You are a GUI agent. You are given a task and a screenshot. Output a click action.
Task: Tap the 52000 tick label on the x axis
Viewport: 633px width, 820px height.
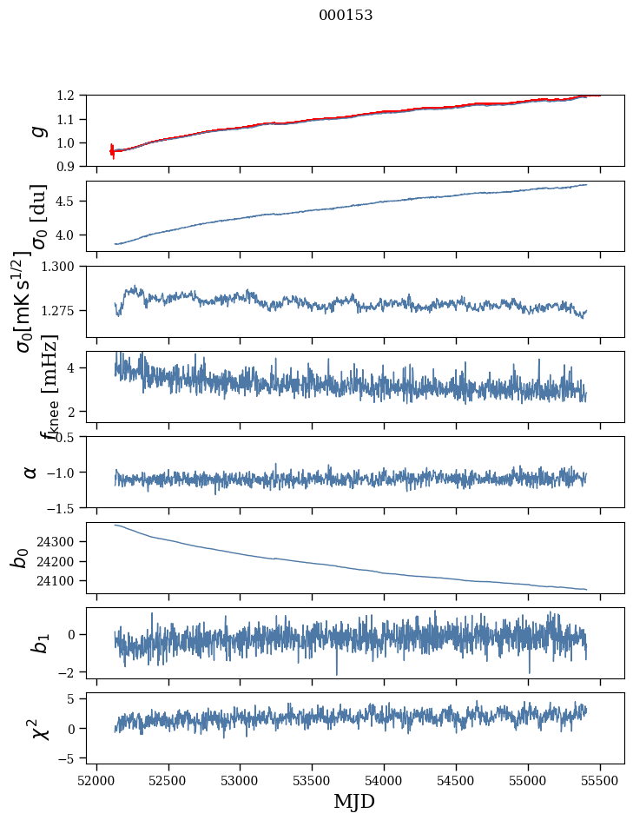coord(96,779)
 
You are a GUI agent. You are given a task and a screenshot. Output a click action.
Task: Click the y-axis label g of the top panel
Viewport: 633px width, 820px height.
coord(36,130)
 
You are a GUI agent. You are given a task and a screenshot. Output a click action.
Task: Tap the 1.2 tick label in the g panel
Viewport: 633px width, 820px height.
coord(70,95)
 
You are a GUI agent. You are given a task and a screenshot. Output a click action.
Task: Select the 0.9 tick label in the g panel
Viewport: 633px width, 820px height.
coord(70,166)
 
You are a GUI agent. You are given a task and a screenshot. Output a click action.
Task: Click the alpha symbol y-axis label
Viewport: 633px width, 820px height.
coord(31,472)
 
